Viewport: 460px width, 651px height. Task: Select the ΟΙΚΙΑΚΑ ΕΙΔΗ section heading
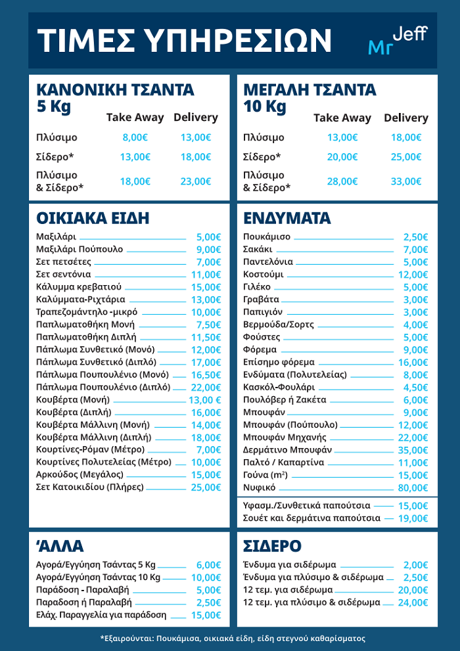click(93, 218)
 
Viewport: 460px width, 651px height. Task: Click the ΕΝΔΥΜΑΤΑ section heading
click(287, 218)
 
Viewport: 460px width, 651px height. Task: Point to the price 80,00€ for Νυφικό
click(415, 487)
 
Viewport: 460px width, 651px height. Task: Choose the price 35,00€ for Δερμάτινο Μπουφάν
click(415, 450)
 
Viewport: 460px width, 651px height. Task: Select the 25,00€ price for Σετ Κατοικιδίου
click(208, 487)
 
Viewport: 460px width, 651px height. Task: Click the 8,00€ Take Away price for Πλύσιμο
click(135, 138)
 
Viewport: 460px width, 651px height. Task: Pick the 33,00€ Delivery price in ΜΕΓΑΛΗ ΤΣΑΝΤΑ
click(405, 181)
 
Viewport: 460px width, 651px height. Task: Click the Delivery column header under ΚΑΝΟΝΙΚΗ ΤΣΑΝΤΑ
click(195, 118)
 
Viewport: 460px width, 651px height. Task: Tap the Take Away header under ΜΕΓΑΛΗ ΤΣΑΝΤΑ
click(342, 118)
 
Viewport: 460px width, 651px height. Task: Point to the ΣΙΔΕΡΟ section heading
click(272, 546)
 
